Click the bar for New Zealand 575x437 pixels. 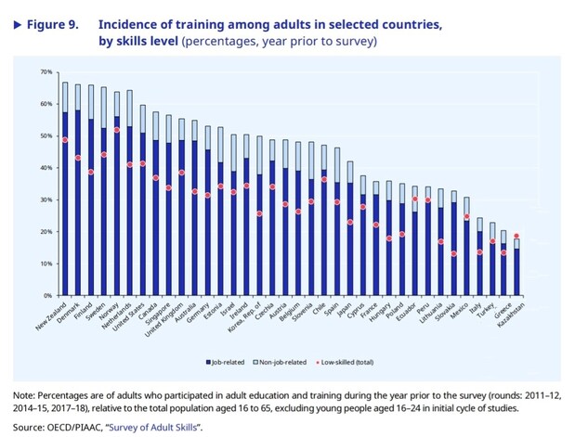pyautogui.click(x=65, y=204)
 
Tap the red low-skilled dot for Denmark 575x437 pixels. pyautogui.click(x=78, y=158)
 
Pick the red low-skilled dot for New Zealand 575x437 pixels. pyautogui.click(x=65, y=140)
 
